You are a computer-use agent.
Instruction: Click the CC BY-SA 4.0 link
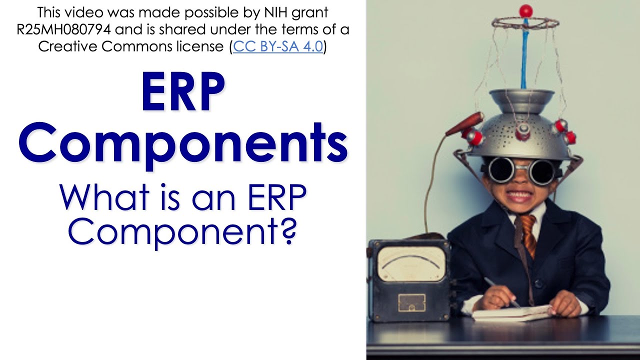(278, 47)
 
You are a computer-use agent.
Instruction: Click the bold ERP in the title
(183, 92)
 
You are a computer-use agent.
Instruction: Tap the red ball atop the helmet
(525, 10)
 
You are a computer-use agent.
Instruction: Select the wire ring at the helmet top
(524, 22)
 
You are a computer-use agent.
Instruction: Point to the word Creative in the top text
(70, 47)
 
